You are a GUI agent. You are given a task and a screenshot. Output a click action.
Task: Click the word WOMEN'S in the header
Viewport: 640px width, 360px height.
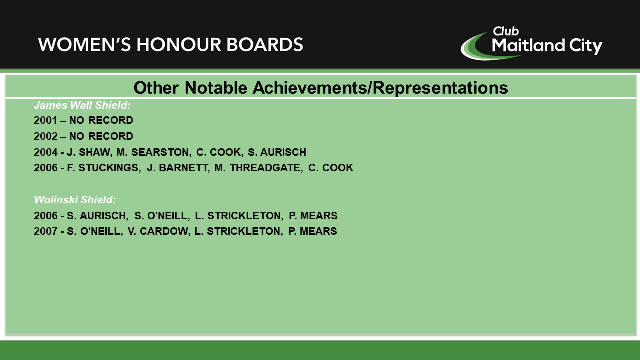(x=85, y=45)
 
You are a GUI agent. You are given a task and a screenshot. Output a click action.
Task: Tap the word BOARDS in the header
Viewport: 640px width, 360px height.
(x=265, y=45)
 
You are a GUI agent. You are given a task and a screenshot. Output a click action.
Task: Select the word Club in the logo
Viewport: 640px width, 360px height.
(x=506, y=31)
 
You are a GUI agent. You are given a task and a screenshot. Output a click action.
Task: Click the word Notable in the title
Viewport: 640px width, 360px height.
(x=216, y=87)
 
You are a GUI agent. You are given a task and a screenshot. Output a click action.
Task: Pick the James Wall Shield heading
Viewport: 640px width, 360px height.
(x=82, y=105)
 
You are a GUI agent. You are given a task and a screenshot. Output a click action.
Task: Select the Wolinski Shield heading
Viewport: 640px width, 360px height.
(x=75, y=200)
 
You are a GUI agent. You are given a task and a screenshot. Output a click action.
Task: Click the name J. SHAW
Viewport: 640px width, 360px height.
(x=90, y=152)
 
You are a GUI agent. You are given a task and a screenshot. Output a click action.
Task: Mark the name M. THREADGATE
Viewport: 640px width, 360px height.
(x=259, y=168)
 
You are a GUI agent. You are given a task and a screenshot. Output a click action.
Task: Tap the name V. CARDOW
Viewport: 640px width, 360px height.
(x=159, y=231)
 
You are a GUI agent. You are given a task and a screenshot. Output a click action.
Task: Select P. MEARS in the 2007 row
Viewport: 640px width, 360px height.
(x=313, y=231)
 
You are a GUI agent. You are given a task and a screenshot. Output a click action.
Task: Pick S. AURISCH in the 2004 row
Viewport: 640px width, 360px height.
(x=277, y=152)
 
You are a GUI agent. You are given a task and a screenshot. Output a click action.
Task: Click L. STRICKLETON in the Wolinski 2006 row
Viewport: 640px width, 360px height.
(x=239, y=216)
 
